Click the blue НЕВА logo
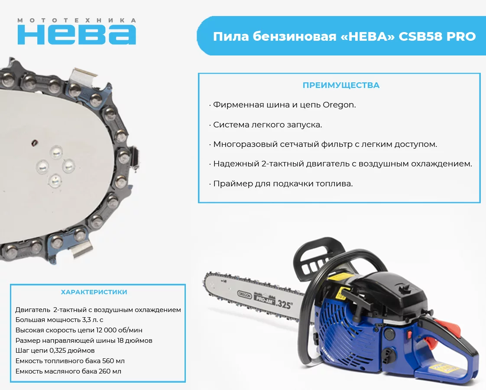pos(77,35)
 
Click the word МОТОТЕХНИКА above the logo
pos(77,20)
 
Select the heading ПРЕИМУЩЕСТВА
pos(341,85)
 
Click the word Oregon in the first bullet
pos(339,105)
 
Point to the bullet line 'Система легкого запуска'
pos(268,125)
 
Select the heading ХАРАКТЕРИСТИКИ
pos(94,292)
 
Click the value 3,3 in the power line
pos(86,320)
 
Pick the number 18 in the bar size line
pos(120,341)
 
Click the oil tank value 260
pos(105,371)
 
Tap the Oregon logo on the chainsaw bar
pos(244,295)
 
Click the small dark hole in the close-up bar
pos(34,143)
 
